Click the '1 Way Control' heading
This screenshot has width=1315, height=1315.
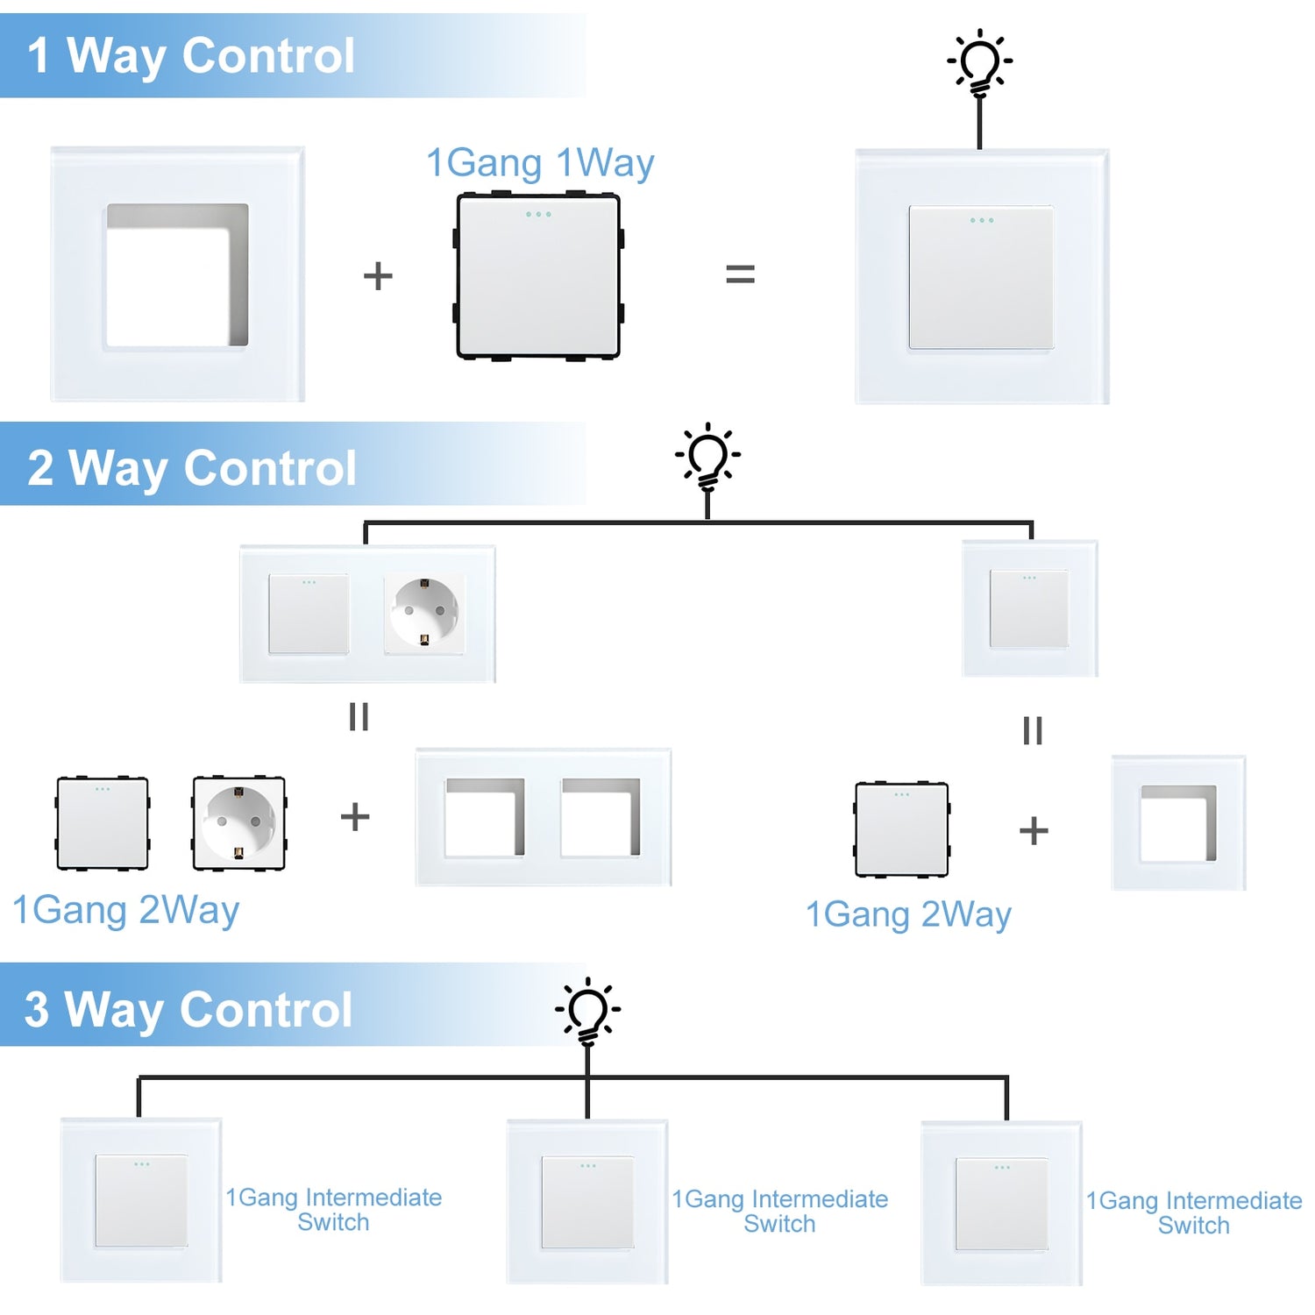point(191,56)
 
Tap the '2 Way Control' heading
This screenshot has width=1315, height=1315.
point(192,467)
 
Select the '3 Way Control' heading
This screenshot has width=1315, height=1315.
point(188,1009)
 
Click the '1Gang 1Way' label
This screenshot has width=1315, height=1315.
point(540,164)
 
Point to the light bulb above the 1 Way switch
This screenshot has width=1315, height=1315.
point(979,62)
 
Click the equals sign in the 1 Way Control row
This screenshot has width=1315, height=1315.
point(740,275)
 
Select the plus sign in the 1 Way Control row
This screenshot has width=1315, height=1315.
point(378,276)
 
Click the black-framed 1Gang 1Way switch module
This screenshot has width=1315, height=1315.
point(538,276)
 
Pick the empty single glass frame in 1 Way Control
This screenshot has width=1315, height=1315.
point(178,274)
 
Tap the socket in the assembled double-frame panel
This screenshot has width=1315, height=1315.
point(424,613)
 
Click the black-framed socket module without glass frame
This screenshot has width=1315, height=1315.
point(238,822)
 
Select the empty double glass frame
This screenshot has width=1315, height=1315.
point(544,817)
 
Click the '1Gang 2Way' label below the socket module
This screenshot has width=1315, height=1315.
point(125,910)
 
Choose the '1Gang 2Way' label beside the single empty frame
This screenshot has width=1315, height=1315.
point(908,914)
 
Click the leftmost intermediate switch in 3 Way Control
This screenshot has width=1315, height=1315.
point(141,1200)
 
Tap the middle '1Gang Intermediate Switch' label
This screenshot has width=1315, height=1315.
point(779,1211)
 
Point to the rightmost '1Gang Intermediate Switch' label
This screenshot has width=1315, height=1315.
point(1193,1212)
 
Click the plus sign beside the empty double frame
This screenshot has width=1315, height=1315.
point(355,817)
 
